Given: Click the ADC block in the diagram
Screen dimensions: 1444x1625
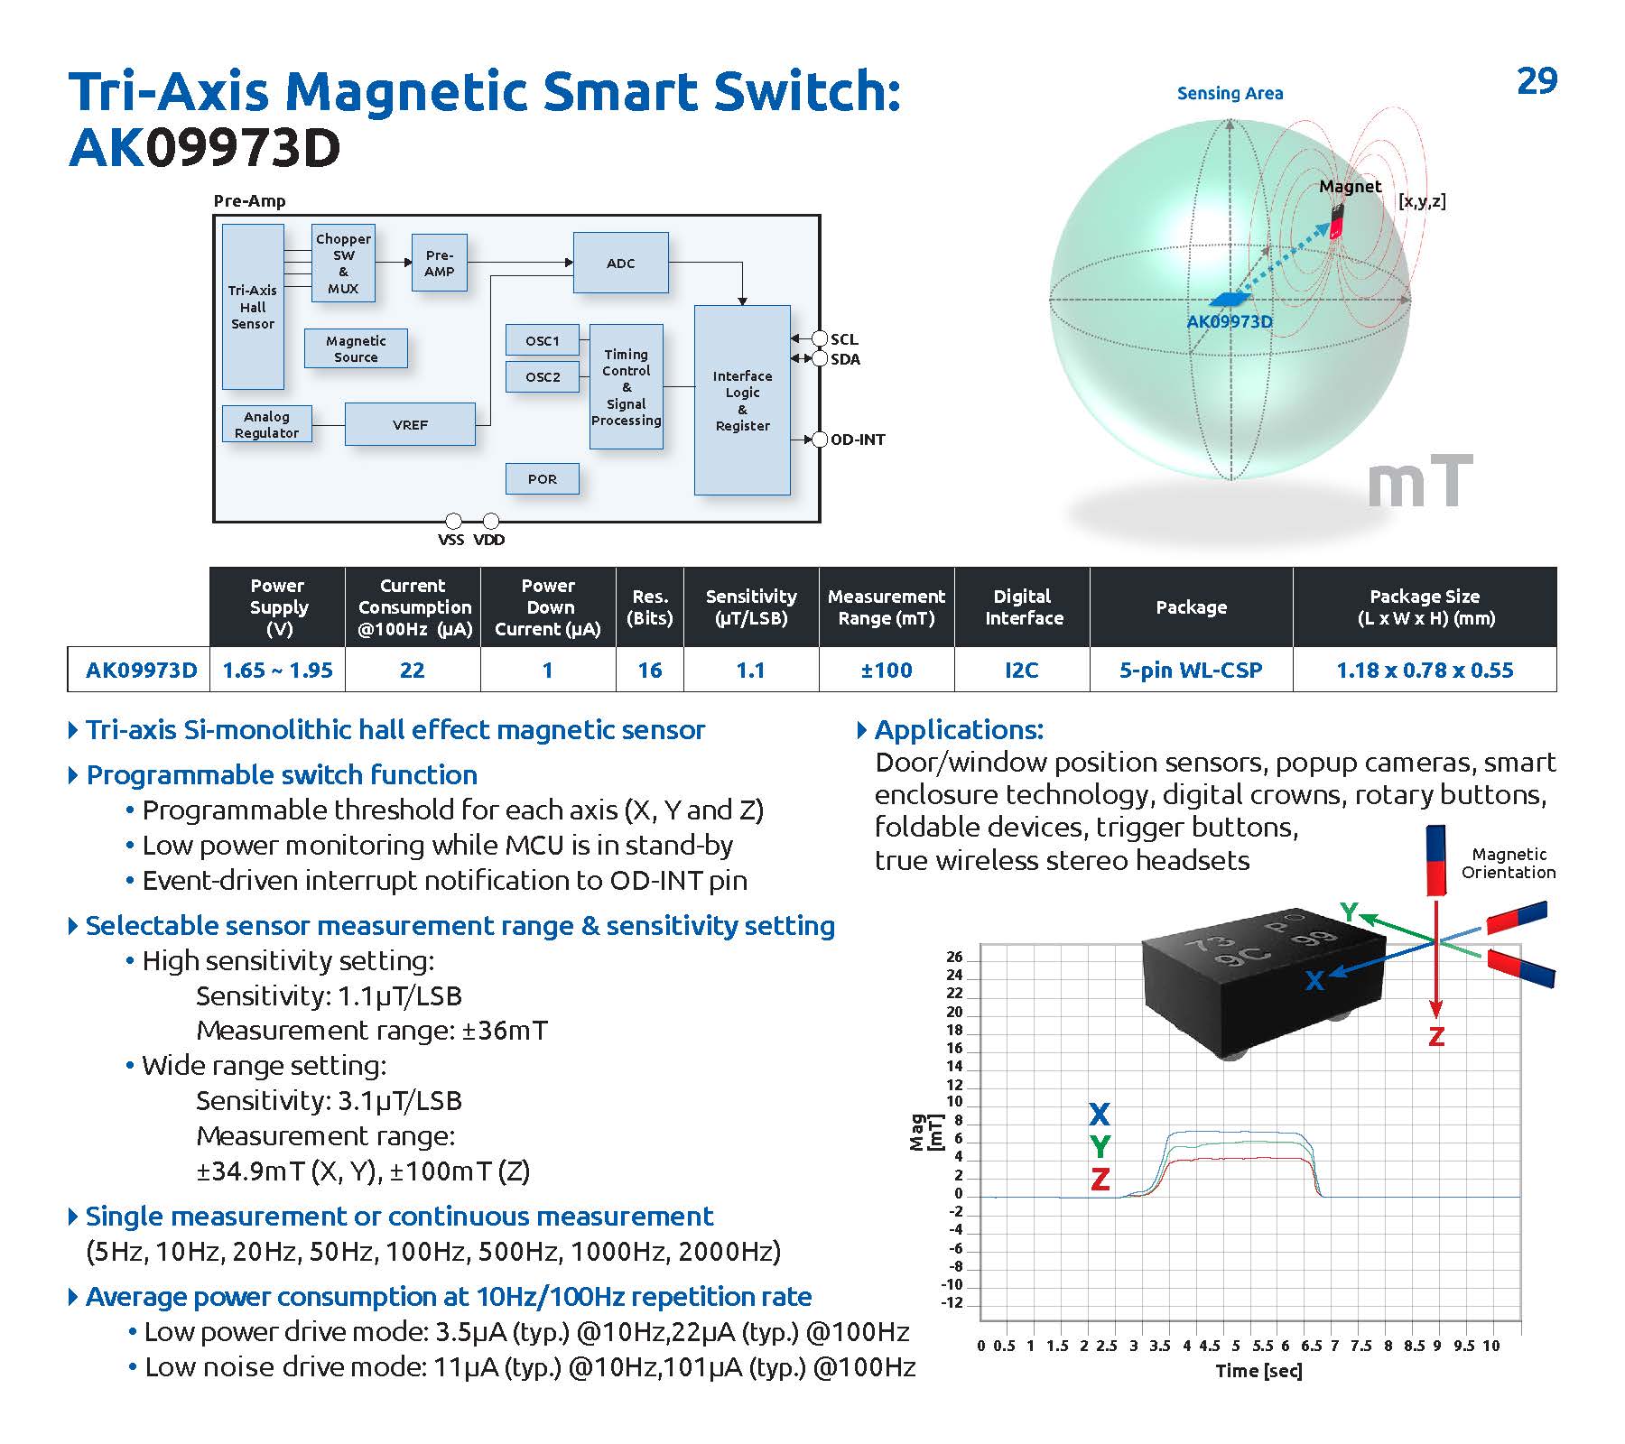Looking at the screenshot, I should pos(620,263).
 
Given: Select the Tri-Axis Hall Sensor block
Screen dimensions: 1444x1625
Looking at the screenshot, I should pos(253,307).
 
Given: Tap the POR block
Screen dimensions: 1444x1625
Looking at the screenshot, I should pos(542,478).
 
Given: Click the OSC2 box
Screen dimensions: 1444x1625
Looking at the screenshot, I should pos(543,376).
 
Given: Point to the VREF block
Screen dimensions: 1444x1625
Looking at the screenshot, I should pos(410,424).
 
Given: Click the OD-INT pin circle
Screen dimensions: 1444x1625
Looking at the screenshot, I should pos(820,440).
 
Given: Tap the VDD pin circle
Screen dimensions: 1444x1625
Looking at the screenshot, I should pos(490,522).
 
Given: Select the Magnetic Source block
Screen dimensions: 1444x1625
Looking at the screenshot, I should pos(356,348).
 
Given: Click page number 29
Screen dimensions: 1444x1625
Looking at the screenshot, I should pos(1537,81).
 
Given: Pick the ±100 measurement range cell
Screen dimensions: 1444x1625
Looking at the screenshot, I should pos(886,670).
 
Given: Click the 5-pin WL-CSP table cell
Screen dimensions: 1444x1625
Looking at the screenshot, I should pos(1191,670).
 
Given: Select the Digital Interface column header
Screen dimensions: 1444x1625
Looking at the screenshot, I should pos(1022,606).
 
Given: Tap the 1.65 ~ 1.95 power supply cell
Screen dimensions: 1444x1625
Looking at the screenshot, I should pos(277,670).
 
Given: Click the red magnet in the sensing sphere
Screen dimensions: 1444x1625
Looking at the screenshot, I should pos(1336,220).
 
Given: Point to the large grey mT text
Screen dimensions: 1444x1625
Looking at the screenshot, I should pos(1419,484).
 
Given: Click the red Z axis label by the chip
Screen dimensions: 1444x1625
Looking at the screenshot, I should pos(1436,1036).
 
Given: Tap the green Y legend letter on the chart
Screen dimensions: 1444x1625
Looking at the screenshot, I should pos(1100,1146).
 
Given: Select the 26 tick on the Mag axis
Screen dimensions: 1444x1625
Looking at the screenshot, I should pos(954,957).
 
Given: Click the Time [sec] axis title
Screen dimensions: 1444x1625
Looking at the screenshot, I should pos(1258,1371).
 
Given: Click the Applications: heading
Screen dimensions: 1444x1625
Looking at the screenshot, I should pos(959,729).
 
